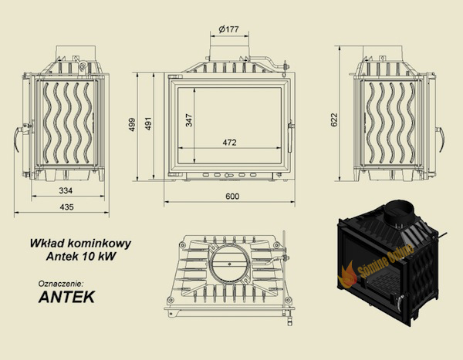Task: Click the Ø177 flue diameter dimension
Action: coord(229,29)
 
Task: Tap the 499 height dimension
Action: coord(132,125)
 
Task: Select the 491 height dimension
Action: coord(148,123)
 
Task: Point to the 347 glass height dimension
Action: coord(189,120)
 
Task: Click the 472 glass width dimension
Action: coord(229,143)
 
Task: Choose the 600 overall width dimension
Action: coord(232,197)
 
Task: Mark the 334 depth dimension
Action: coord(66,190)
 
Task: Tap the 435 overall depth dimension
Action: coord(66,207)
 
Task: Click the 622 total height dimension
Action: coord(333,119)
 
